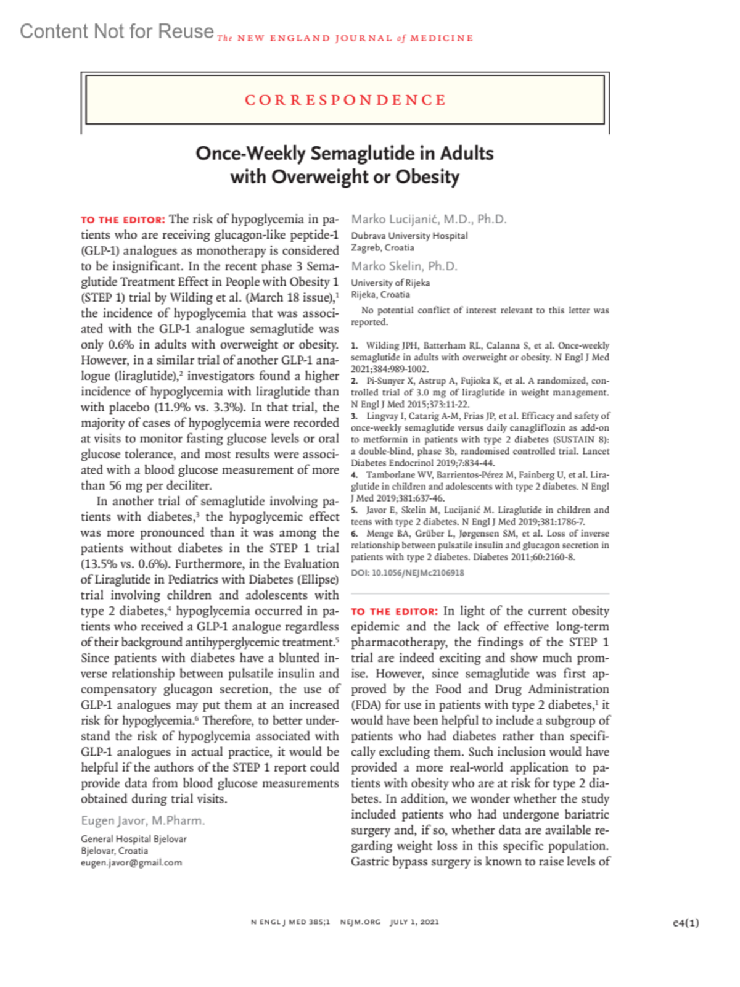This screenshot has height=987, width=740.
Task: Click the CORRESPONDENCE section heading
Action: point(345,100)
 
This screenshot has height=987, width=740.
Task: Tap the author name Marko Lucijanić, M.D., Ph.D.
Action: point(429,219)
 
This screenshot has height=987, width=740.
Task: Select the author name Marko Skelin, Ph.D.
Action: point(404,266)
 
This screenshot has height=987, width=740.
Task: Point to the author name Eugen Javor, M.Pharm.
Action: point(142,820)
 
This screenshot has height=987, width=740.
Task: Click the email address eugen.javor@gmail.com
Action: point(131,862)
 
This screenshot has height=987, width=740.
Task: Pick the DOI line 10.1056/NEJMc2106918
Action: point(408,572)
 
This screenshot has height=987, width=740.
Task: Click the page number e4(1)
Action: point(686,923)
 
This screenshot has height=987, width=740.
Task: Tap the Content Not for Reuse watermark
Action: point(117,31)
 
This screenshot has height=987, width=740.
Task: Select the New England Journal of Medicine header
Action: point(345,38)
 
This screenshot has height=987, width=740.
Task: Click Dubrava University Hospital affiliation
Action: point(409,236)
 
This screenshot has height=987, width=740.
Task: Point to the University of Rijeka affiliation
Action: point(390,283)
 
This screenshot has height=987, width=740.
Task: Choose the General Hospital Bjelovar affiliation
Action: point(133,839)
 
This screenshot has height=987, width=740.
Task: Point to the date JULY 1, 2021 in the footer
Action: point(414,922)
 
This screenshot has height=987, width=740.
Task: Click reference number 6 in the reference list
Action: point(355,534)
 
